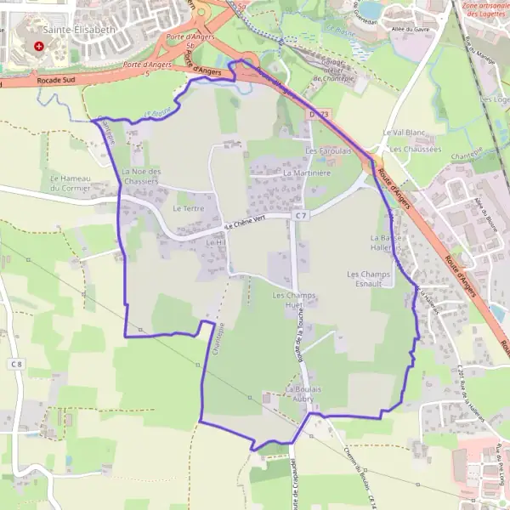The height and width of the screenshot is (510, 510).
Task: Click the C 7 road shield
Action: [301, 217]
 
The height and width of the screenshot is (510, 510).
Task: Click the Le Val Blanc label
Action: [404, 133]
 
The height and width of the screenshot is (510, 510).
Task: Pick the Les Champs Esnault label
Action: [369, 279]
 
